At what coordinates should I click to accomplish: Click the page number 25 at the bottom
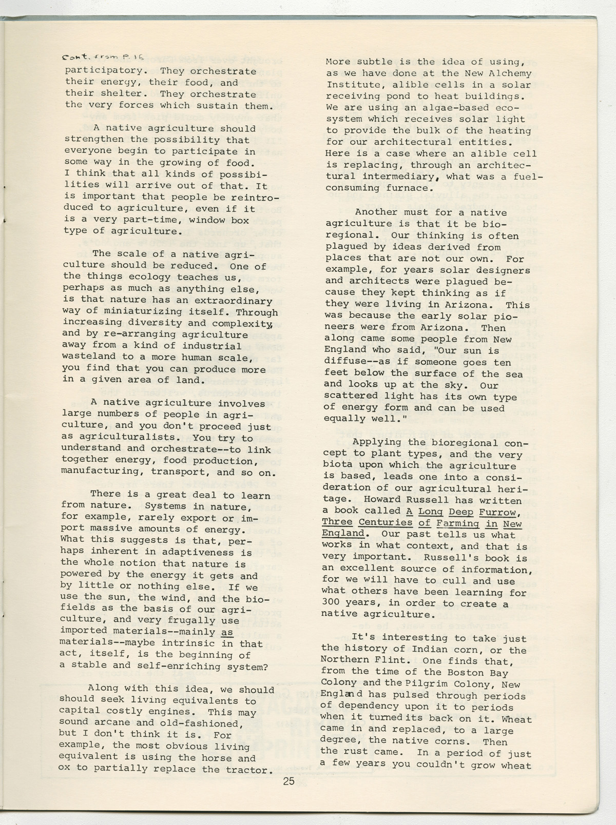288,781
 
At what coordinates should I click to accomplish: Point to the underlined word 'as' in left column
227,632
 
